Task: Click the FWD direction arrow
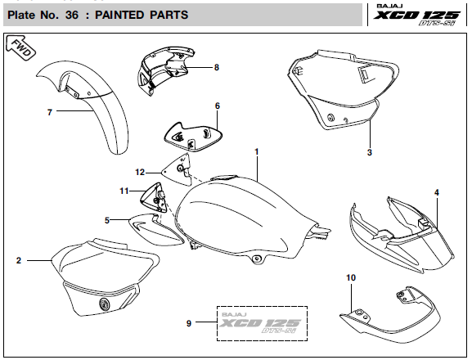(x=20, y=47)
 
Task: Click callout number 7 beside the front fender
(x=50, y=112)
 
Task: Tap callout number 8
(x=217, y=67)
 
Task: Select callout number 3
(x=370, y=152)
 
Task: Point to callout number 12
(x=140, y=172)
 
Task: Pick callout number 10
(x=351, y=277)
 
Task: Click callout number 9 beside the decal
(x=189, y=323)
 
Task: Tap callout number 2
(x=19, y=260)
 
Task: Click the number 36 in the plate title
(x=72, y=15)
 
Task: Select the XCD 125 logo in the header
(x=417, y=15)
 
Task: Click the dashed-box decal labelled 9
(x=263, y=323)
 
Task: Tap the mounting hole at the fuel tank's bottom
(x=257, y=258)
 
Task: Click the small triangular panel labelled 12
(x=178, y=170)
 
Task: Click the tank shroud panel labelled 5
(x=155, y=229)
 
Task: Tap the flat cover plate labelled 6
(x=193, y=137)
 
